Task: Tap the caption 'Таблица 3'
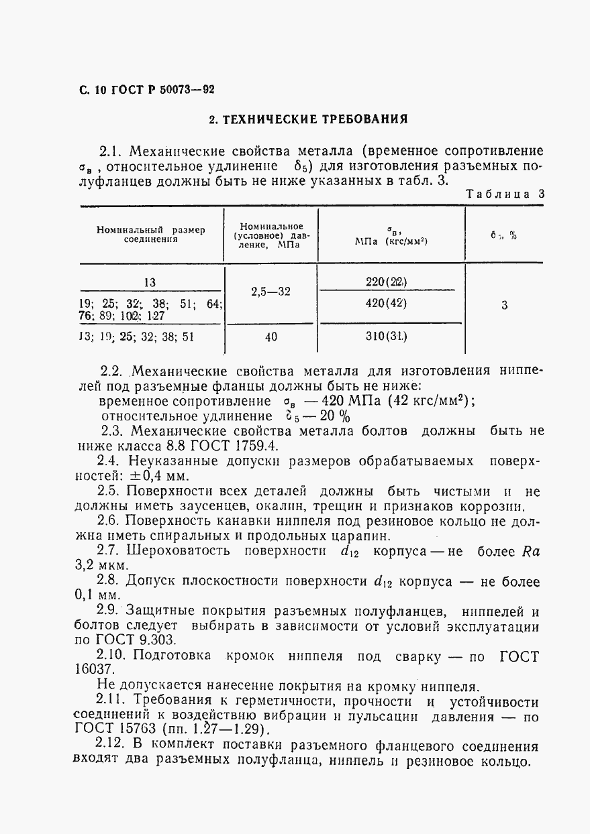tap(505, 194)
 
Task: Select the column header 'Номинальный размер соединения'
tap(150, 235)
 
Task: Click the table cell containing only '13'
tap(150, 282)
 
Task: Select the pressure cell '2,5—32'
tap(271, 292)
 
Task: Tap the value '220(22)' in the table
tap(387, 282)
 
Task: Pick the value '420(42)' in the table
tap(387, 303)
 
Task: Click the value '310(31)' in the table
tap(387, 337)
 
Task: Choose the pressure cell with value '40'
tap(271, 337)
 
